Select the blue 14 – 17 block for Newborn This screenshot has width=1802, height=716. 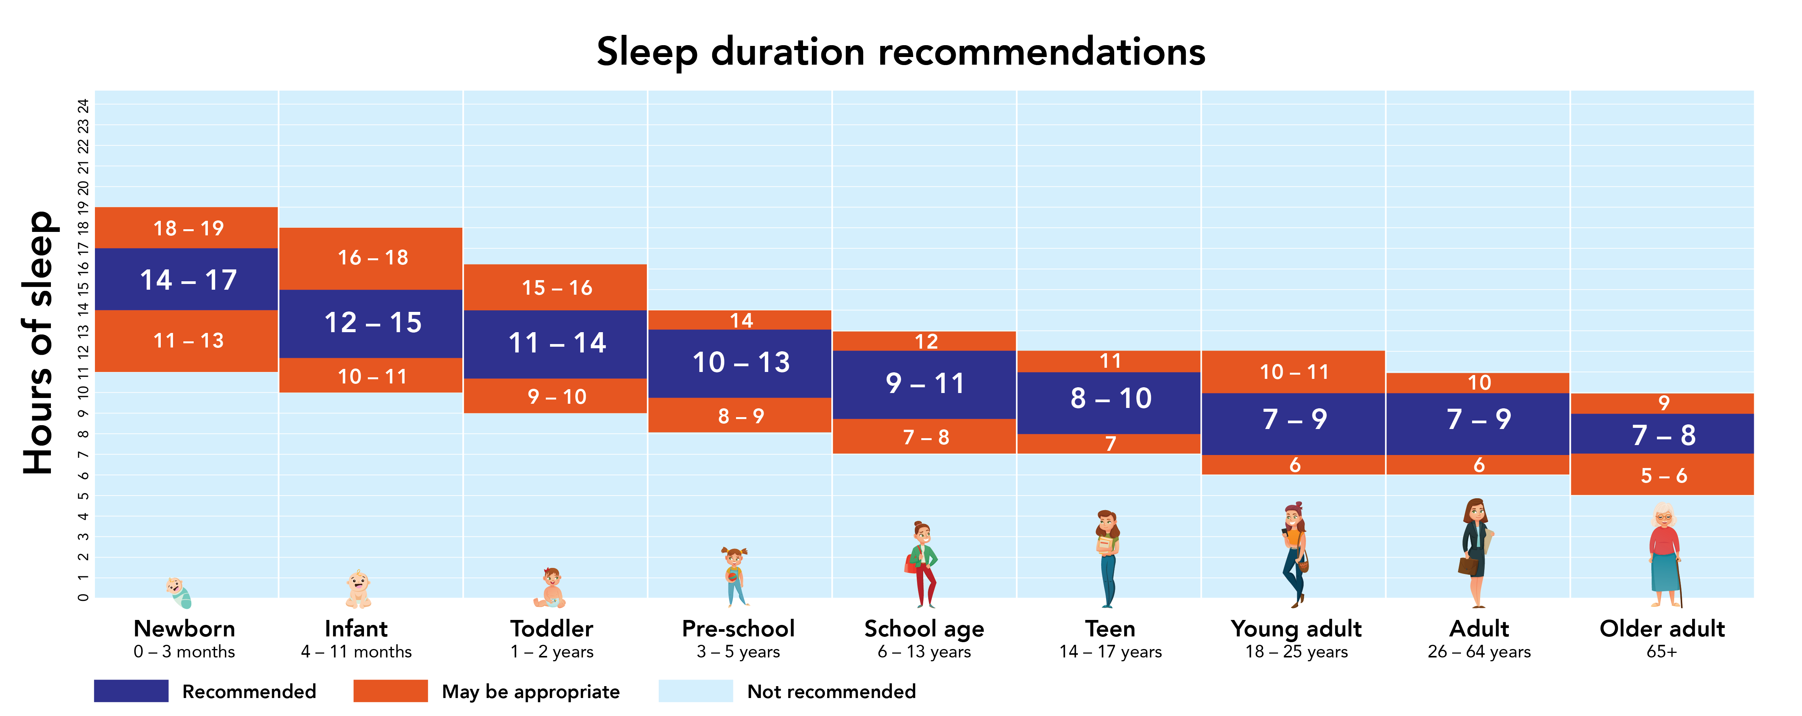pos(188,280)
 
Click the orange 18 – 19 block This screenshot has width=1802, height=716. pos(188,228)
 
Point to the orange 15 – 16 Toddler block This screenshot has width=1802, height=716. pos(556,287)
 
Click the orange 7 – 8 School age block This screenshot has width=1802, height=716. pos(925,437)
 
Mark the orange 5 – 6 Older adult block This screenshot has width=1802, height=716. pos(1663,475)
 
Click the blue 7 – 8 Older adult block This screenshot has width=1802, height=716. pos(1663,434)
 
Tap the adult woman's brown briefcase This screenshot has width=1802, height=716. pos(1467,565)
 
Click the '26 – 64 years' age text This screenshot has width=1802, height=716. pos(1479,652)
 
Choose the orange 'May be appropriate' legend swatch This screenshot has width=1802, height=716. pos(390,691)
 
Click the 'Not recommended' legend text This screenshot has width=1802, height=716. pos(831,692)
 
